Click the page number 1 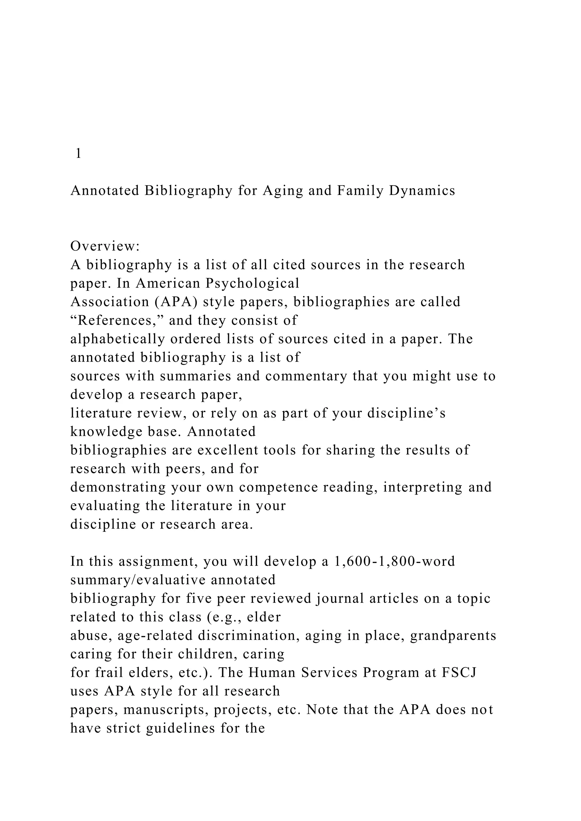pos(79,154)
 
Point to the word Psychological pos(252,283)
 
